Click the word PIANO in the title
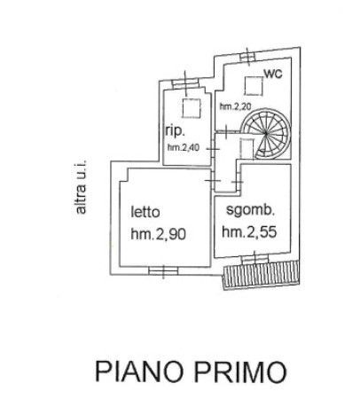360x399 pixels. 139,372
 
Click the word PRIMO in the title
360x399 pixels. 240,372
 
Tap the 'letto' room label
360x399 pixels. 145,212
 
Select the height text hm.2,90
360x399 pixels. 159,234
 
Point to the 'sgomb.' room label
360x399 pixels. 251,210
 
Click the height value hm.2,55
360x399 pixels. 249,231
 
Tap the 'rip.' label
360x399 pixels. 175,131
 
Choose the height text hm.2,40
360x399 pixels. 184,147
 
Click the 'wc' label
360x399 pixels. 273,74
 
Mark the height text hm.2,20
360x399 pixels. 235,106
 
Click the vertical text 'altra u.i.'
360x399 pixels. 81,187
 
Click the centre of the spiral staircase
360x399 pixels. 266,134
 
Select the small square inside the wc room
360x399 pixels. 254,86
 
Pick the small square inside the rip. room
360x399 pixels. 192,108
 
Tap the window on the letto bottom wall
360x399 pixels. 163,270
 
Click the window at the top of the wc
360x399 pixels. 247,56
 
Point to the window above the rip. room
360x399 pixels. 185,83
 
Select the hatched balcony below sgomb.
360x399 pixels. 262,275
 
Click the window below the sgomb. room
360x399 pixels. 255,260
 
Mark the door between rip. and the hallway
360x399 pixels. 213,149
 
